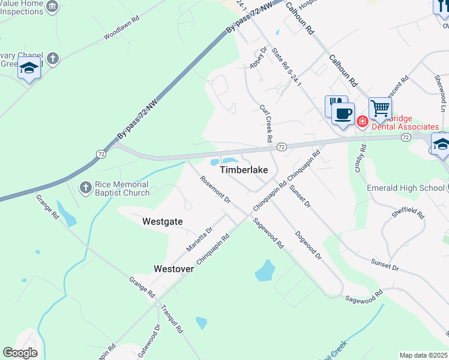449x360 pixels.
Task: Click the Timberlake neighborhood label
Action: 244,170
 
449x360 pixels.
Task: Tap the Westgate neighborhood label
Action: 162,221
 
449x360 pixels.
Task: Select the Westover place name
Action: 173,269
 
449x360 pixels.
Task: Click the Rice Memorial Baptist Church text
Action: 122,189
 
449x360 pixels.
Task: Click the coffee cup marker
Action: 343,113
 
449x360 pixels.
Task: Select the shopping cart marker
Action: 380,109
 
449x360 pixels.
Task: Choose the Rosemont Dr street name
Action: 215,189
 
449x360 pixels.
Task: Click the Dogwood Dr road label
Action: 309,247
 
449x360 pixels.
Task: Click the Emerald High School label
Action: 406,188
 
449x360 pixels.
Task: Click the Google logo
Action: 20,352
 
